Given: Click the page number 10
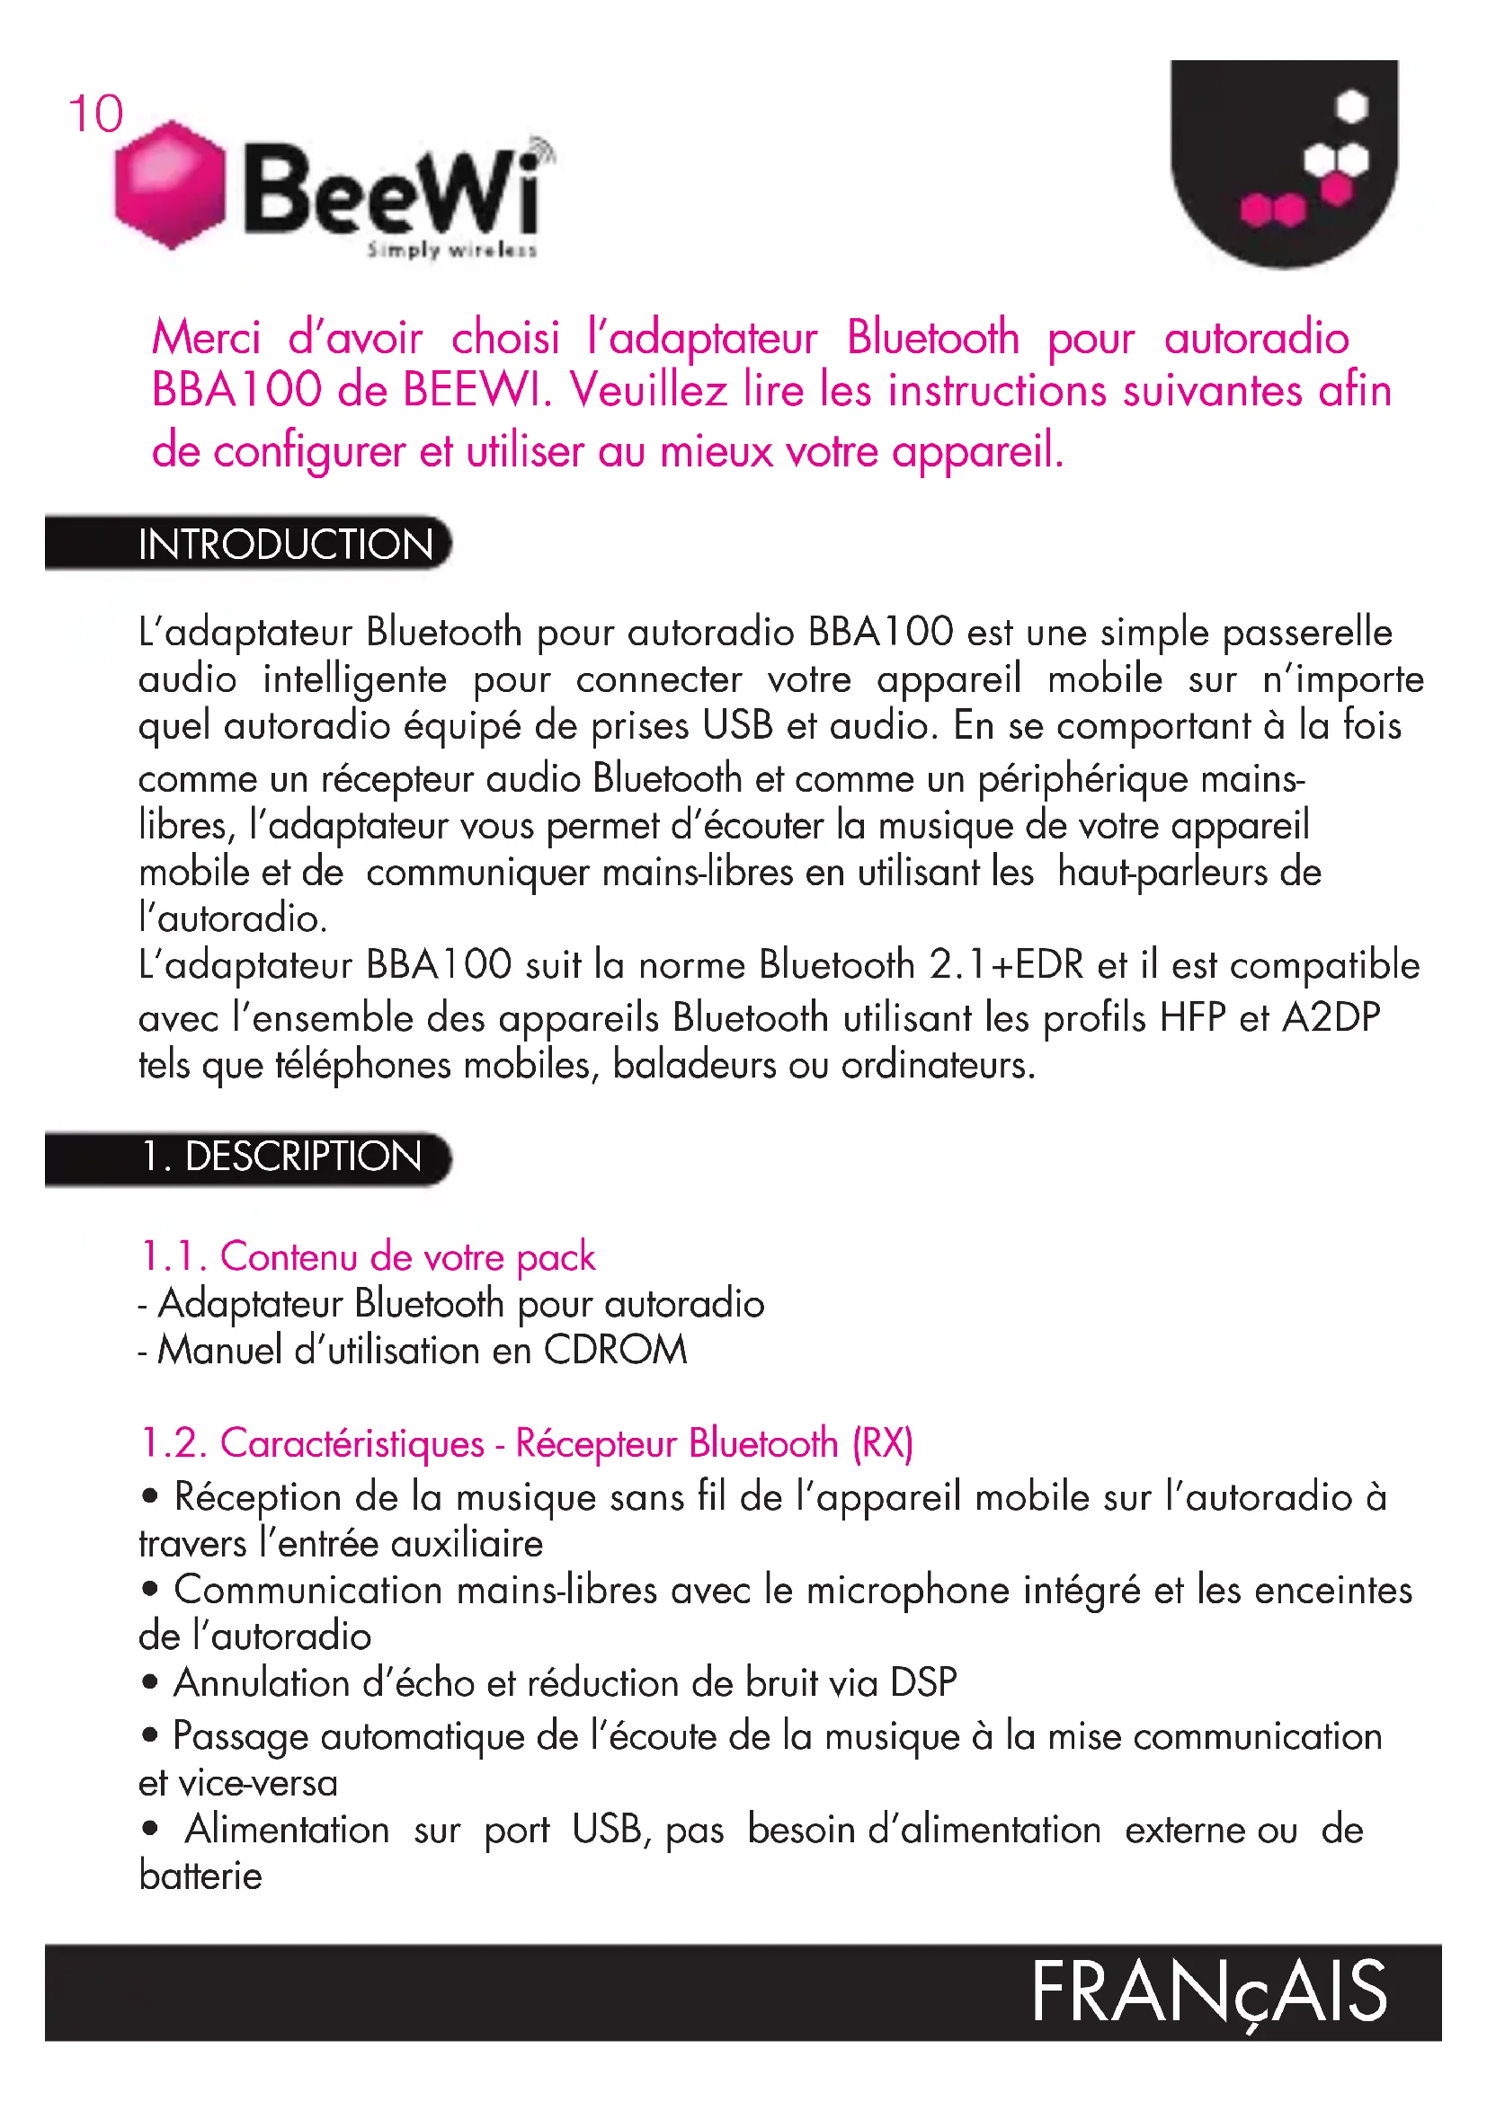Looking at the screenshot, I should [x=95, y=114].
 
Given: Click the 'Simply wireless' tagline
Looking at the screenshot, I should [x=451, y=250].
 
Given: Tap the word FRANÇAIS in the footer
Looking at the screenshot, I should [x=1208, y=1994].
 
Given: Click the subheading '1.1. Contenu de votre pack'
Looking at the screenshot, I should [x=368, y=1257].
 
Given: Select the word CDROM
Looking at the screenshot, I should [x=615, y=1351].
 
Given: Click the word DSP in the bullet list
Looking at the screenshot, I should [x=924, y=1682].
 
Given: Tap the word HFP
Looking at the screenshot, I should [x=1192, y=1018].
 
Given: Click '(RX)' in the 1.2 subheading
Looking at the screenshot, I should [x=883, y=1444].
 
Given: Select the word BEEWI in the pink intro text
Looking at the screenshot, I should [x=477, y=391].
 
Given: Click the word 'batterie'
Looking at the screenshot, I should [x=200, y=1876].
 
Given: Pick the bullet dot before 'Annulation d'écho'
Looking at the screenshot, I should [x=151, y=1682].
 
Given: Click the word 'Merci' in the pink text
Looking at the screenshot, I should [x=207, y=338].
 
